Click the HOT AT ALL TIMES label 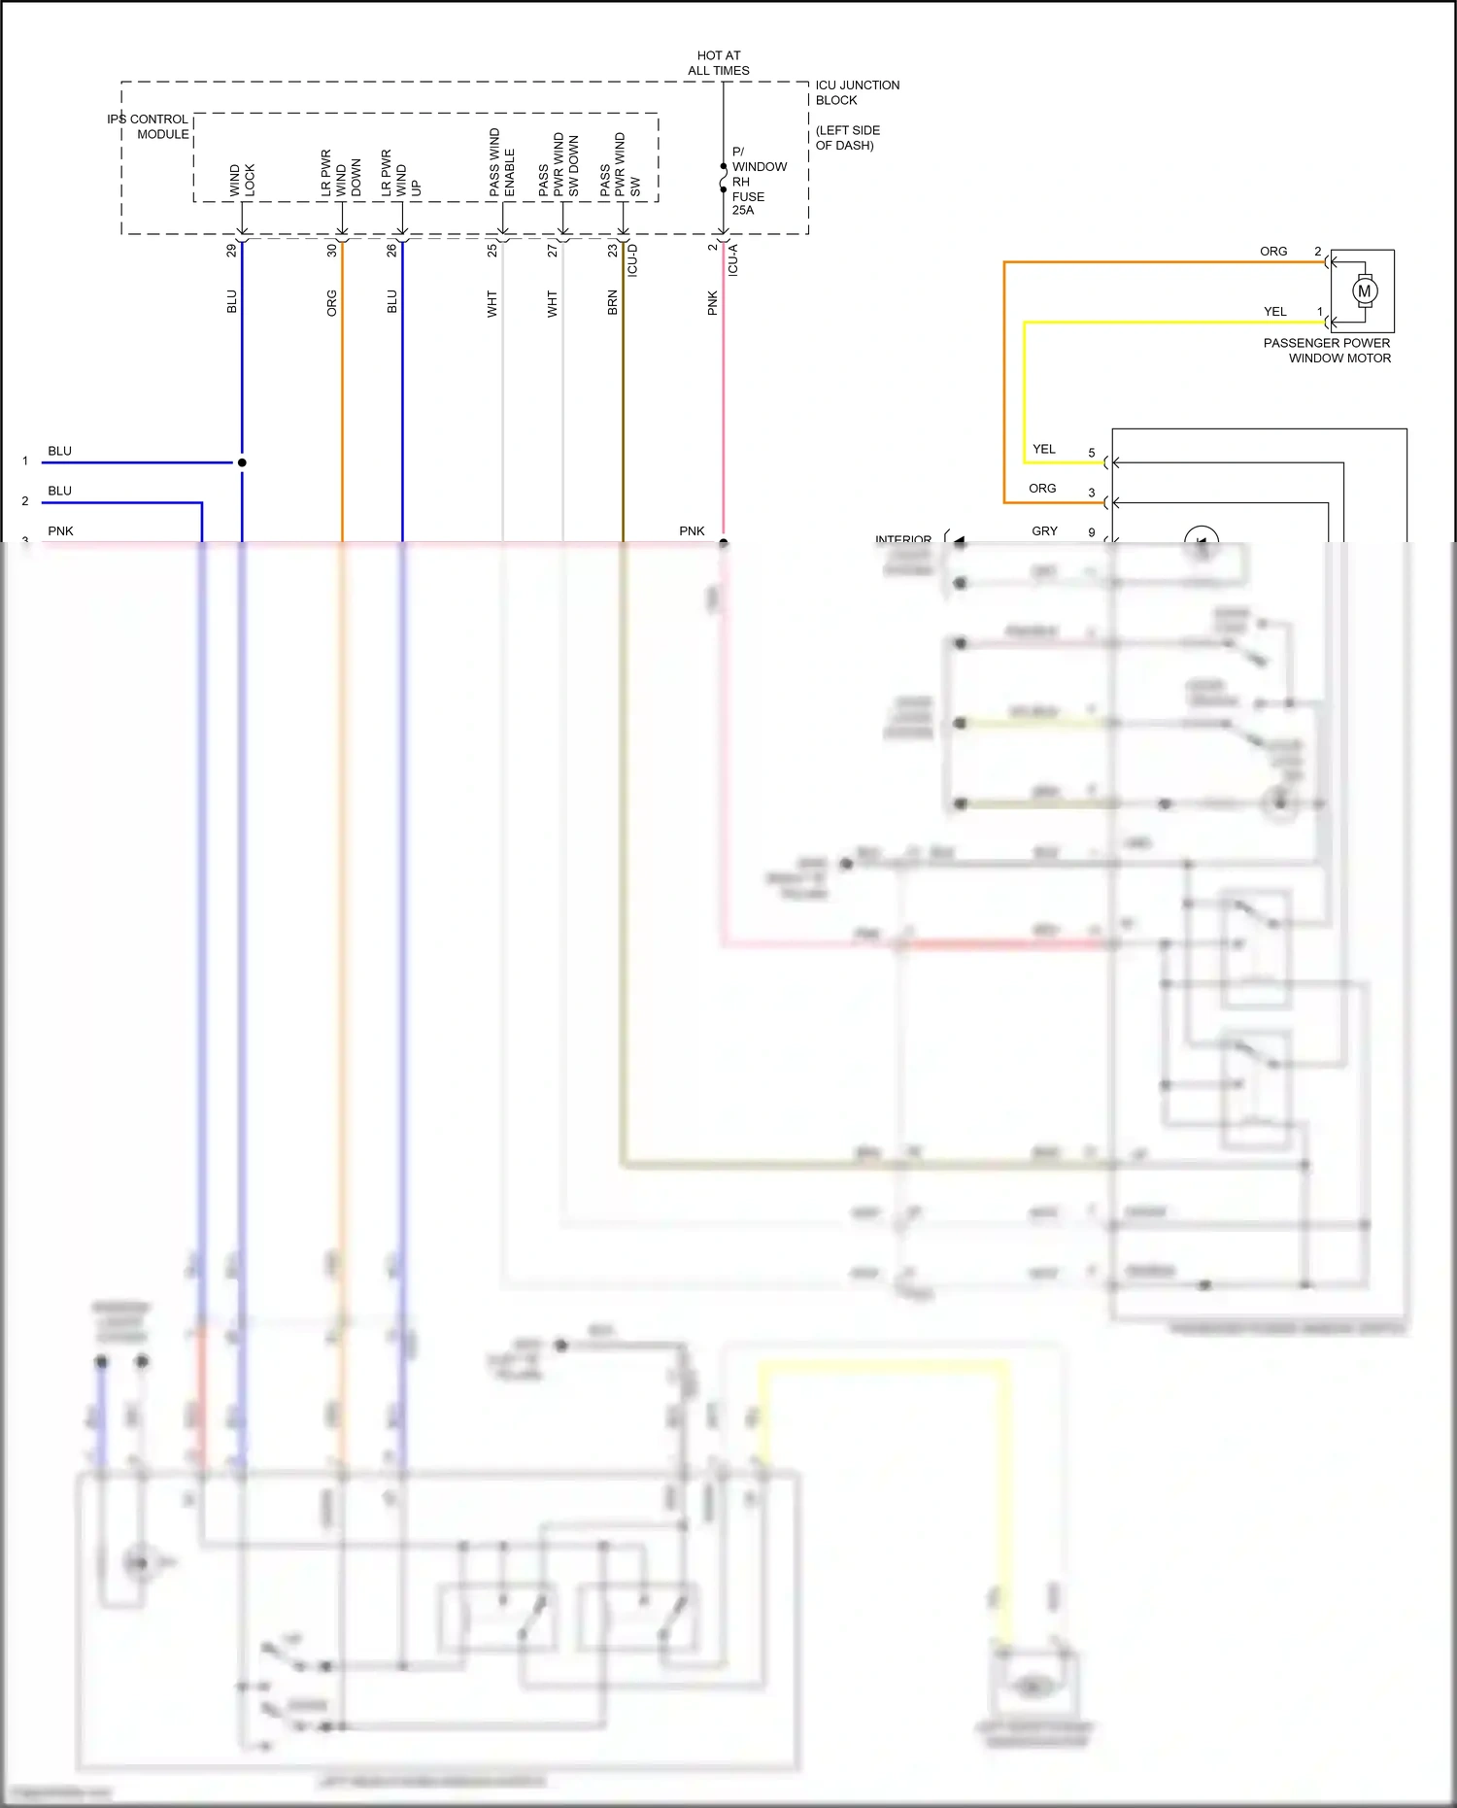pos(718,63)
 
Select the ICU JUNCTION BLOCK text pos(856,92)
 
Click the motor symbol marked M pos(1364,290)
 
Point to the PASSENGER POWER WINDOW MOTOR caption pos(1327,351)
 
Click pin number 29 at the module pos(231,251)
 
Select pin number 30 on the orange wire pos(331,251)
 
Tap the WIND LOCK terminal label pos(242,181)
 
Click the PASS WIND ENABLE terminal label pos(502,162)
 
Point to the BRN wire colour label pos(612,303)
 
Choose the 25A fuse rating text pos(743,210)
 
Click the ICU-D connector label pos(632,260)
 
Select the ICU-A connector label pos(733,260)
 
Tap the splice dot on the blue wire pos(242,462)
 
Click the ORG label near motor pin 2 pos(1273,252)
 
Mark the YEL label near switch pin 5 pos(1044,449)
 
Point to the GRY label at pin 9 pos(1044,531)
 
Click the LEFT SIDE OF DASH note pos(847,138)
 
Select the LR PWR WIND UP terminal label pos(400,173)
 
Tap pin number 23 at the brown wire pos(612,251)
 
